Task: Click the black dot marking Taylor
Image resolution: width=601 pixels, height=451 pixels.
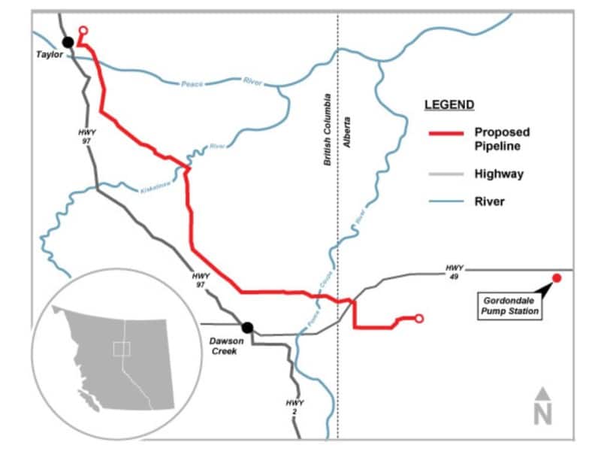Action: [68, 41]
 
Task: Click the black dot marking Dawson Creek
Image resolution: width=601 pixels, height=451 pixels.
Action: [246, 327]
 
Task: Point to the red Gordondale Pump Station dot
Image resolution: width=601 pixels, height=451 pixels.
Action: [557, 279]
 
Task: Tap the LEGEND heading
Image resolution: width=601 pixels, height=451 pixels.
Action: [449, 104]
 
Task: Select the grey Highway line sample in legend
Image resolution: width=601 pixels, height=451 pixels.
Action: [445, 174]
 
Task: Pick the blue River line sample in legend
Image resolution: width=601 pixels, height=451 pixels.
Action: [445, 201]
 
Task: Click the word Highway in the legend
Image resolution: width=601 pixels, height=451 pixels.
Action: [499, 174]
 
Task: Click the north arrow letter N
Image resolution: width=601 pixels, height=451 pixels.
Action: [543, 414]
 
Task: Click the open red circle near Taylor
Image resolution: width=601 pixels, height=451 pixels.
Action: [83, 31]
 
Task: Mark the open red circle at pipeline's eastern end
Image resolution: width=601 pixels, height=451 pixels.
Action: [419, 318]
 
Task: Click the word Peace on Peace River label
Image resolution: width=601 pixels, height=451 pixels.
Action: [192, 83]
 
